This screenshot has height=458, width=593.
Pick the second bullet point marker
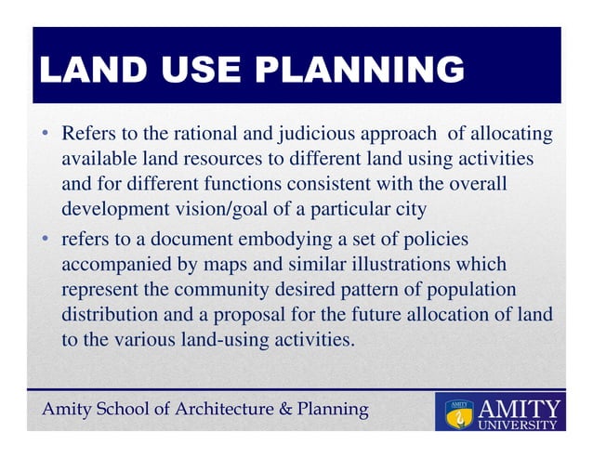44,240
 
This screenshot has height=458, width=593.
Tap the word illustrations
424,265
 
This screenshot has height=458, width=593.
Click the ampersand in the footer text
262,410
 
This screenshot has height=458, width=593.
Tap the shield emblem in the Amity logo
456,414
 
